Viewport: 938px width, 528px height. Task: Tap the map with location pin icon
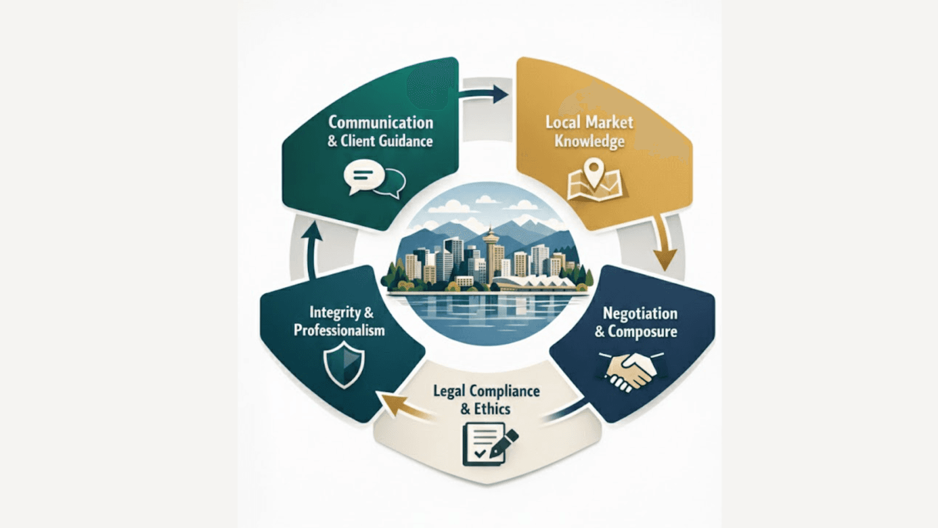594,181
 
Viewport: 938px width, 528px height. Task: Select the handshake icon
630,371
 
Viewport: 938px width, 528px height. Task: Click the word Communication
380,122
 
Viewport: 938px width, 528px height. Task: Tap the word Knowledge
589,141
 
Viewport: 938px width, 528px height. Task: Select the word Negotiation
640,313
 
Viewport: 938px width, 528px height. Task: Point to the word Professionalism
339,330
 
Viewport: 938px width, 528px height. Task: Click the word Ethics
492,409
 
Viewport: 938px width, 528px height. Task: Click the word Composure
643,331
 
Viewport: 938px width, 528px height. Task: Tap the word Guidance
406,141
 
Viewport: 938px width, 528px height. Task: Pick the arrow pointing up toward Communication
312,246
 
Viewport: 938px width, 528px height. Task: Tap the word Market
611,122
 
